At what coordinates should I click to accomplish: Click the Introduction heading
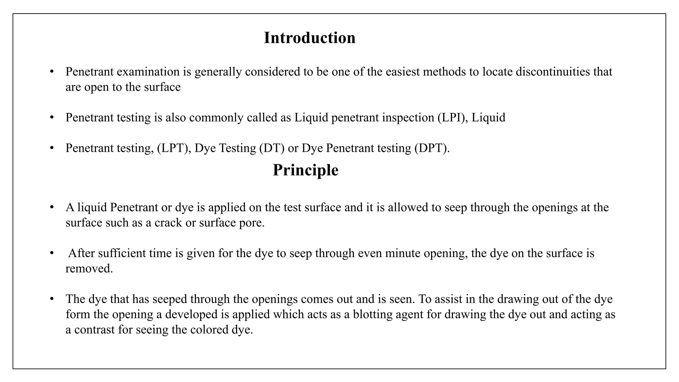click(x=309, y=38)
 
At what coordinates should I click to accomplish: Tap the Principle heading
click(x=305, y=170)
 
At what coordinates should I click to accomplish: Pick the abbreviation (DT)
click(x=272, y=148)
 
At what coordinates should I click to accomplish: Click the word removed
click(x=89, y=269)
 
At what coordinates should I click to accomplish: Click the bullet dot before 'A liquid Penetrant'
click(x=52, y=207)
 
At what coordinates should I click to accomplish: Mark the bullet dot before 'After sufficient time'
click(x=52, y=253)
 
